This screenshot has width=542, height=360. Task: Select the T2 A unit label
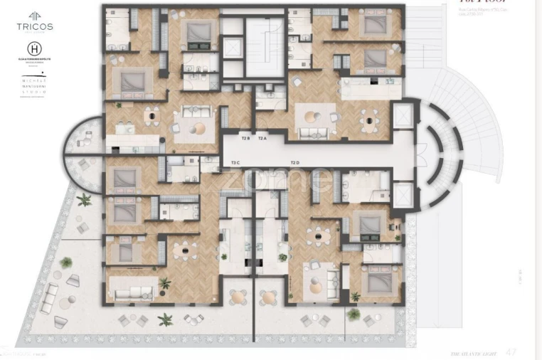(x=262, y=138)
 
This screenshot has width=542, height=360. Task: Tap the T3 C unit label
(x=235, y=163)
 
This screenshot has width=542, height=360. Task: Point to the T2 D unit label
(x=295, y=163)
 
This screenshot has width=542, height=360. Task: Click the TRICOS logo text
(x=35, y=26)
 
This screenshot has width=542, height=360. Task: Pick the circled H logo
(x=34, y=51)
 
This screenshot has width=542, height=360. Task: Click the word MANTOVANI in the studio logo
(x=34, y=86)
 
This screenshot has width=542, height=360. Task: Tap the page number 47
(x=511, y=351)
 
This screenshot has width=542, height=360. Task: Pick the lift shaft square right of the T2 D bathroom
(x=402, y=194)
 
